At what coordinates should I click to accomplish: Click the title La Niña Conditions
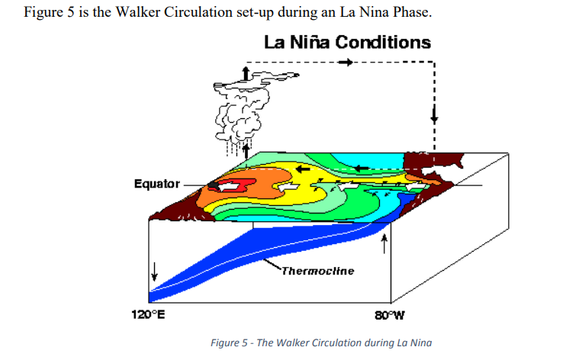point(347,43)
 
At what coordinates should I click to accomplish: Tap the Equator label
point(156,184)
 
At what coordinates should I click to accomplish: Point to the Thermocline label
point(317,271)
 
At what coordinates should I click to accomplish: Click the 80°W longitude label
point(389,315)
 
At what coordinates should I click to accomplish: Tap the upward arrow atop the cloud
point(245,72)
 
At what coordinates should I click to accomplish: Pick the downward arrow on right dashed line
point(434,117)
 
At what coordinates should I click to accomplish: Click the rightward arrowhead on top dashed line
point(348,62)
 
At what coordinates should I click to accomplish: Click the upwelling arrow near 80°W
point(384,243)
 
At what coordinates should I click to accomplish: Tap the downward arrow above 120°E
point(155,270)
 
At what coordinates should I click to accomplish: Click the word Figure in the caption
point(225,342)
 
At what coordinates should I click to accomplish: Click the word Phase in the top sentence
point(413,14)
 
